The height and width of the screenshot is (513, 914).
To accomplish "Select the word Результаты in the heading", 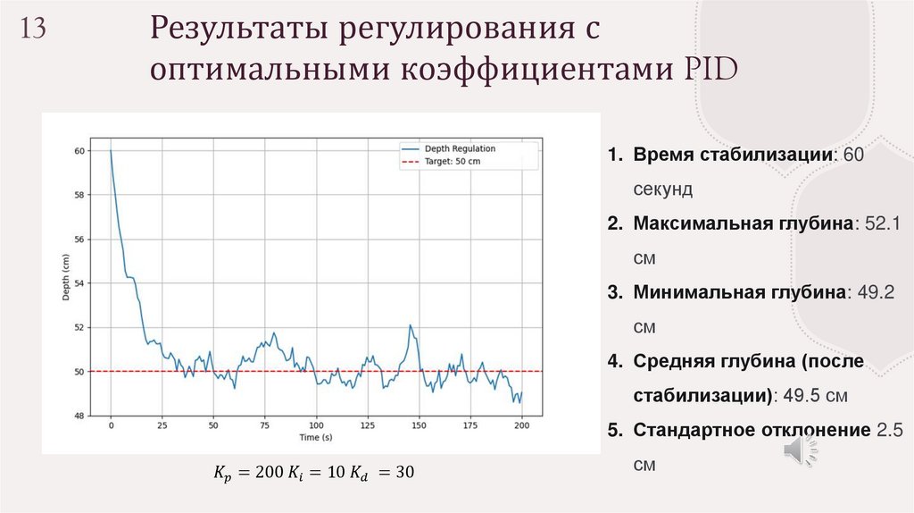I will tap(233, 30).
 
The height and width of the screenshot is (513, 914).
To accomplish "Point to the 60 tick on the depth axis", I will tap(79, 151).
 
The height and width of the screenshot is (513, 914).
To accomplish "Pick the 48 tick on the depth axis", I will tap(79, 416).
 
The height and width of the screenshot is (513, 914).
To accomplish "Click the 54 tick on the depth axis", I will tap(79, 283).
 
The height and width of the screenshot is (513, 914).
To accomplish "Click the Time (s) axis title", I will tap(315, 438).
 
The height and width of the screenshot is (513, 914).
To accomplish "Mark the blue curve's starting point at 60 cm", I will tap(111, 150).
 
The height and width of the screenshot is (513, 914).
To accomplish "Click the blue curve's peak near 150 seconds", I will tap(410, 325).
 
